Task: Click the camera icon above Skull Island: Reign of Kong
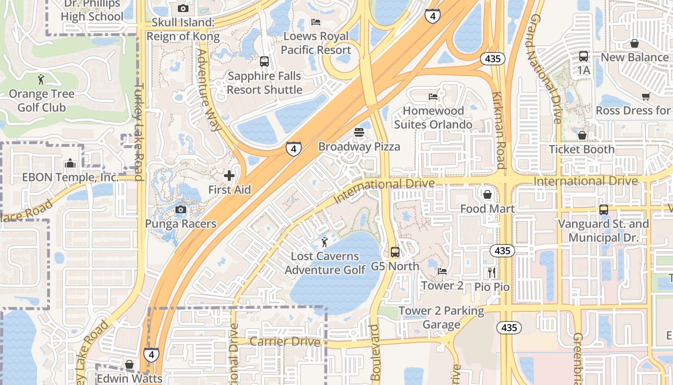pos(183,8)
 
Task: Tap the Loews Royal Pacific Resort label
pos(316,43)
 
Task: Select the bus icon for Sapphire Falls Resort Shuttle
pos(264,62)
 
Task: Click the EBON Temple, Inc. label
pos(70,178)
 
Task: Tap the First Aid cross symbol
pos(229,176)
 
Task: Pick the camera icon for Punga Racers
pos(181,209)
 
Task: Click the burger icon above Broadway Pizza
pos(359,132)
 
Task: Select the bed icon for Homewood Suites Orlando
pos(433,97)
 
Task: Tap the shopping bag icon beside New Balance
pos(635,43)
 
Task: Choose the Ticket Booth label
pos(582,150)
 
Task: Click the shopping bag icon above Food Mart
pos(487,194)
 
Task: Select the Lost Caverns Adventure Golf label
pos(325,263)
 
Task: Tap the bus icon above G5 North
pos(395,252)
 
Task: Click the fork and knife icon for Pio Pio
pos(491,273)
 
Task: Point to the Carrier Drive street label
pos(285,342)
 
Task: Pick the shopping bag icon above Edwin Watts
pos(129,364)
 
